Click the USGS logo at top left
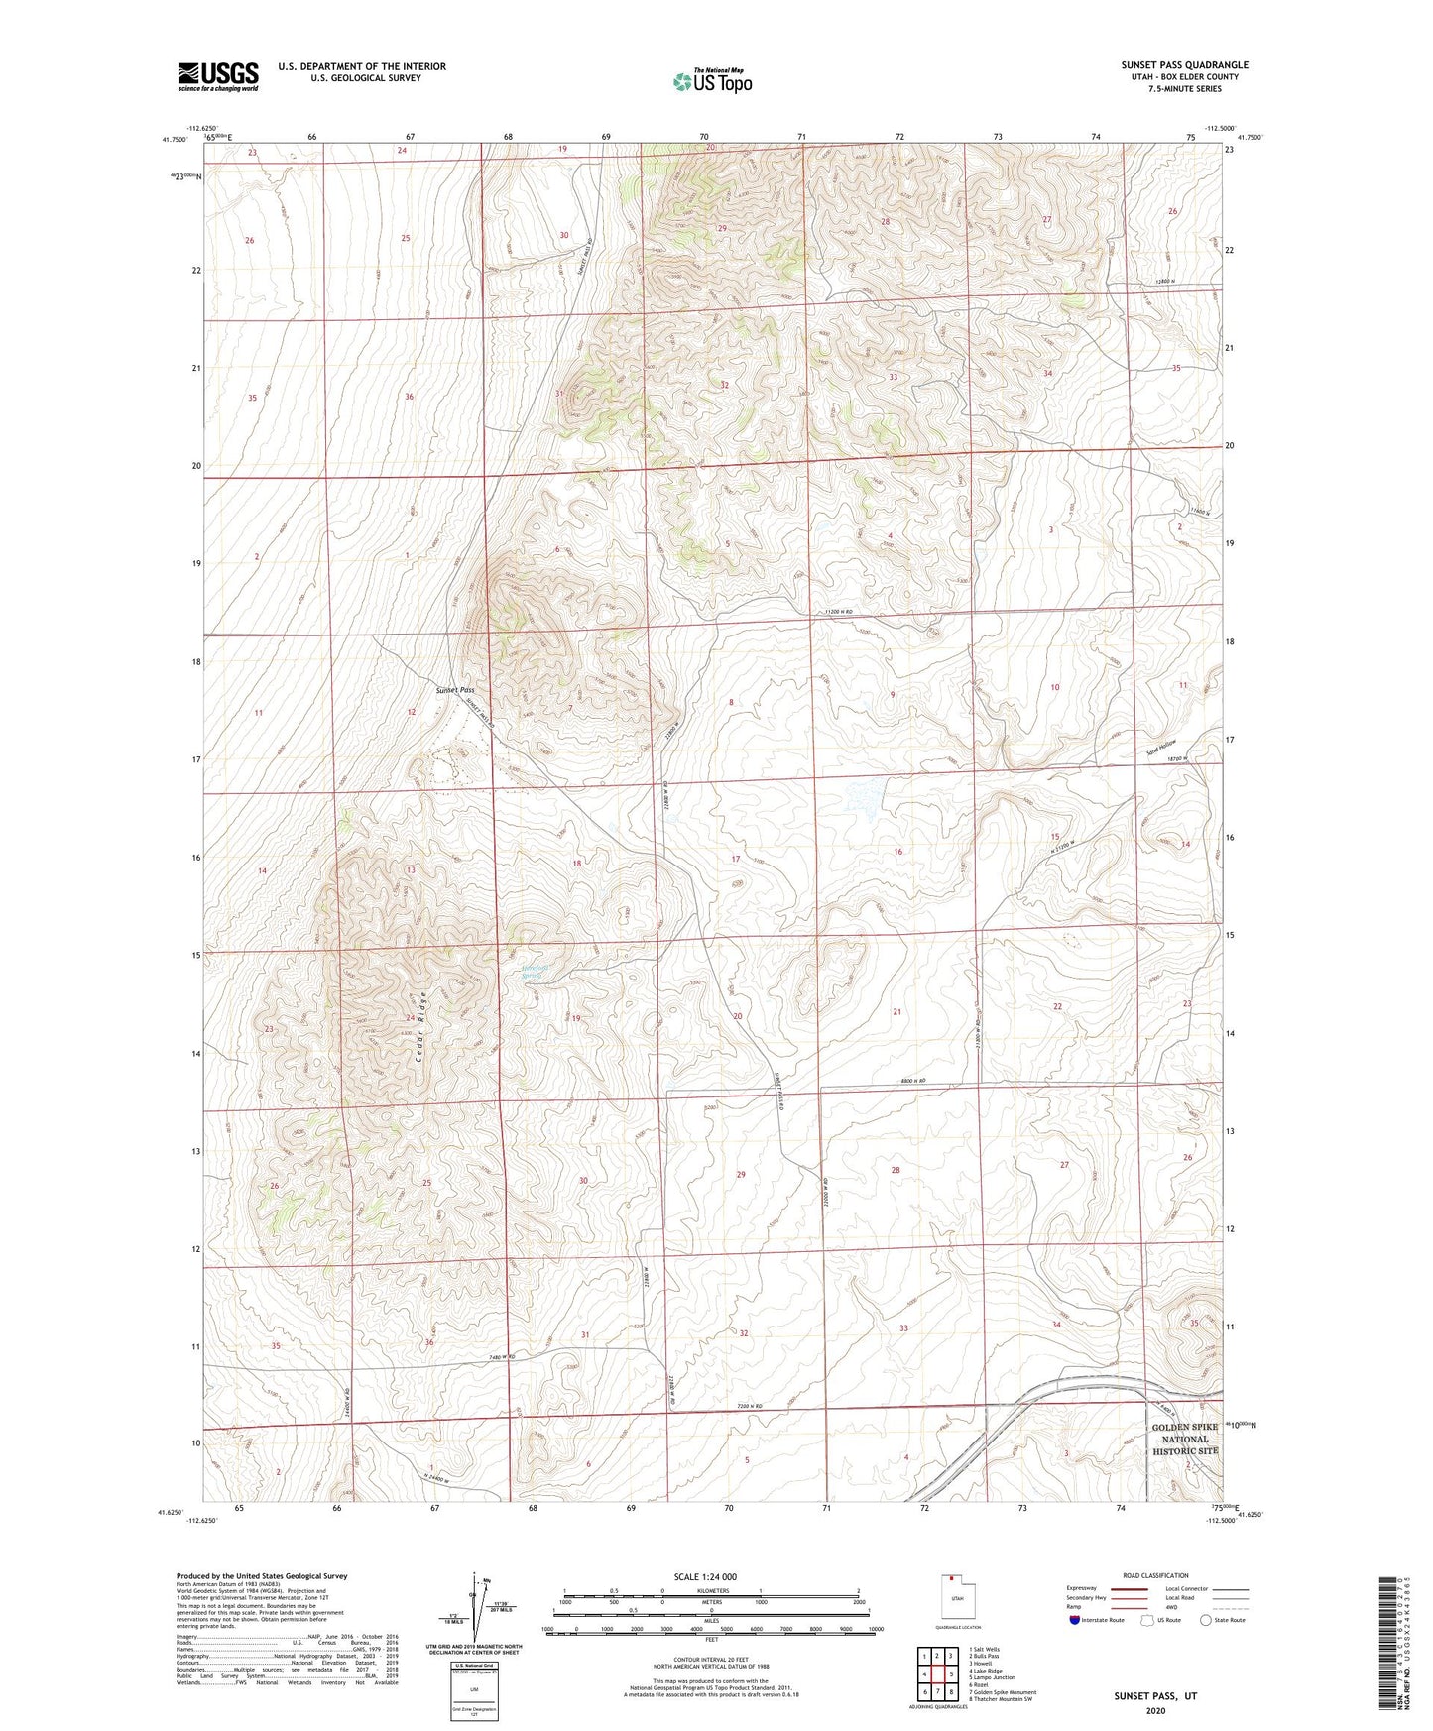218,76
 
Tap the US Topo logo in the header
712,81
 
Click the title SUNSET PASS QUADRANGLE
1184,65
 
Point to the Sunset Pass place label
454,690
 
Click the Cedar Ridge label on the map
421,1028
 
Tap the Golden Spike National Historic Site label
1184,1439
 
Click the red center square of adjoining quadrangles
936,1673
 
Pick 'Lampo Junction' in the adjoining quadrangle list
994,1678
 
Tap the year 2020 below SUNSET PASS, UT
1154,1710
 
